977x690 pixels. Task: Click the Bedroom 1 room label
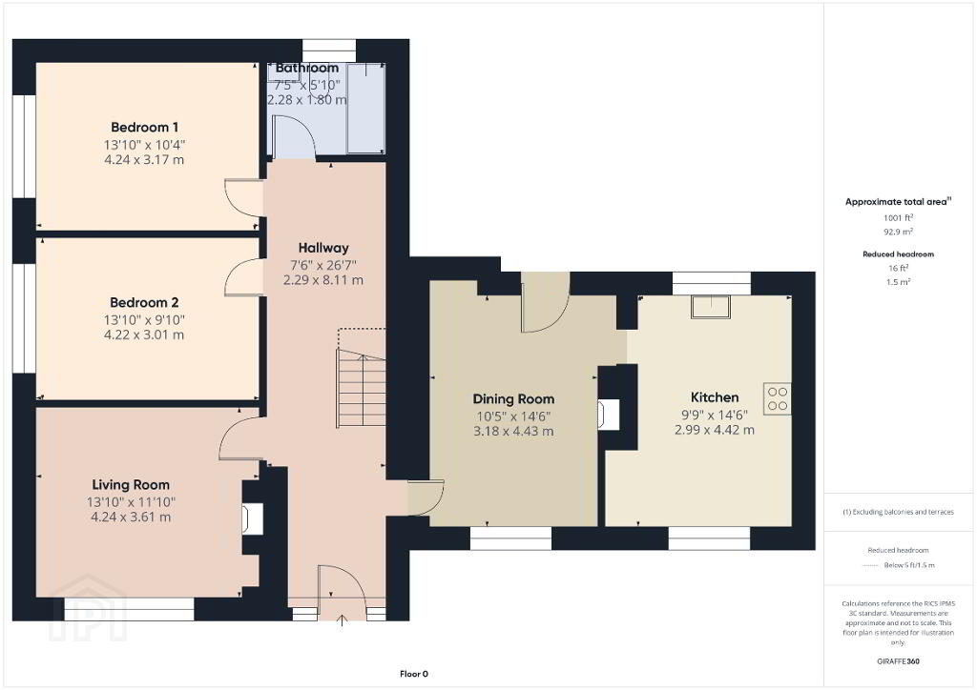145,128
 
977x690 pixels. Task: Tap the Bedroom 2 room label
145,303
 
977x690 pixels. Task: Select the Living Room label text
131,485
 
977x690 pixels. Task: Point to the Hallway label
323,248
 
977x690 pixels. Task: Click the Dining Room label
513,399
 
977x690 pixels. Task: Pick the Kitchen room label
715,397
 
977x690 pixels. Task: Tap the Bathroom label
307,68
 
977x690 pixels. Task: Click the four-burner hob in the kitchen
778,398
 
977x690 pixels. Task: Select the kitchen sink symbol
710,308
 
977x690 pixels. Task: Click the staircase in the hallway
362,389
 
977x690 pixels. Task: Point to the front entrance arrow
342,619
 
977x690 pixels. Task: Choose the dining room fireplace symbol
609,415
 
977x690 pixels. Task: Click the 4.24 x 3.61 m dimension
131,517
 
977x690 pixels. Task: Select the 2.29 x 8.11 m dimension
323,280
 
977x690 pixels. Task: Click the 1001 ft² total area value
898,217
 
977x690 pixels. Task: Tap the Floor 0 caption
414,674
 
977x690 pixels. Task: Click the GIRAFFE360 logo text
898,661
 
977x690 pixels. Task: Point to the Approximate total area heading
898,202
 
